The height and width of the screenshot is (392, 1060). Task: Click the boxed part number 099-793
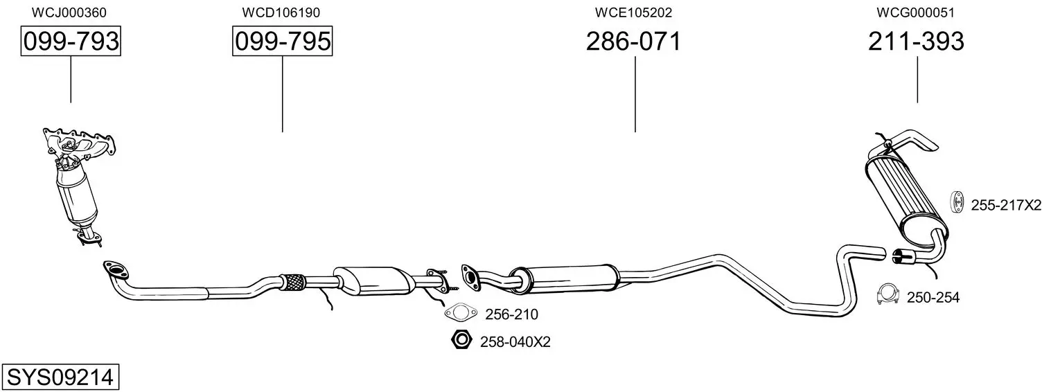point(71,41)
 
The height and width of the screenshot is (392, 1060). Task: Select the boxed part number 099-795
point(283,41)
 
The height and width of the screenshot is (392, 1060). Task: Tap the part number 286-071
point(634,41)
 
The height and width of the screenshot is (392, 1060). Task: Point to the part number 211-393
point(916,41)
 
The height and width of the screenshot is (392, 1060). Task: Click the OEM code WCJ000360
point(69,12)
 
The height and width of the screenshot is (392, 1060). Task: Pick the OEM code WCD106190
point(281,12)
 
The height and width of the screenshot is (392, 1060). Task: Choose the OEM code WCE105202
point(634,12)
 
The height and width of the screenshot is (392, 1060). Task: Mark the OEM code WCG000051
point(916,12)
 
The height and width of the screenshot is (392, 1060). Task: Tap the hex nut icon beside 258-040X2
point(461,340)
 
